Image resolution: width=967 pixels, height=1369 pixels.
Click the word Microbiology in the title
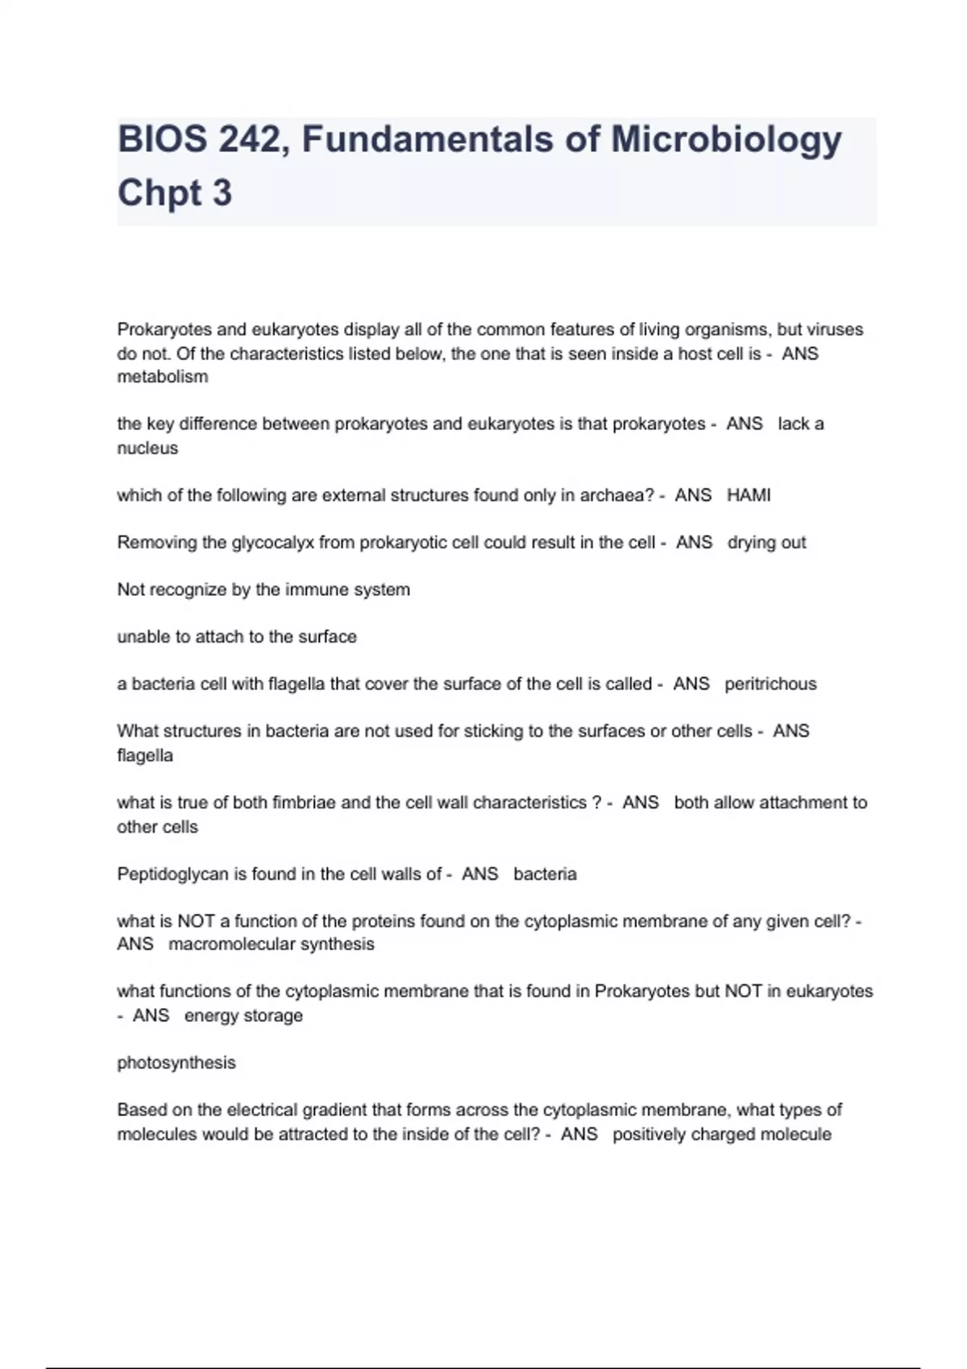pos(726,140)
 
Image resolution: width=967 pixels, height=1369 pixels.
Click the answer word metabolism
pos(163,377)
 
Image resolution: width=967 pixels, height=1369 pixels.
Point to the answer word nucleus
pos(147,448)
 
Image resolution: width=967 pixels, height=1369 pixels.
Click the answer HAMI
pos(749,495)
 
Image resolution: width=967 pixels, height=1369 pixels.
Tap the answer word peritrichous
pos(770,684)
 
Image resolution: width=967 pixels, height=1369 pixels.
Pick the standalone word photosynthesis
pos(176,1063)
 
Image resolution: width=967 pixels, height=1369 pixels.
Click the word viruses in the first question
pos(832,329)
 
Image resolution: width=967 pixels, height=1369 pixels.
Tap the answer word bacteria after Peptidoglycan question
pos(545,874)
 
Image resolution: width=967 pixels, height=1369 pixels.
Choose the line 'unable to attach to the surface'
pos(237,637)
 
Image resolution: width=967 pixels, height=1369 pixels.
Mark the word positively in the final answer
pos(652,1134)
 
